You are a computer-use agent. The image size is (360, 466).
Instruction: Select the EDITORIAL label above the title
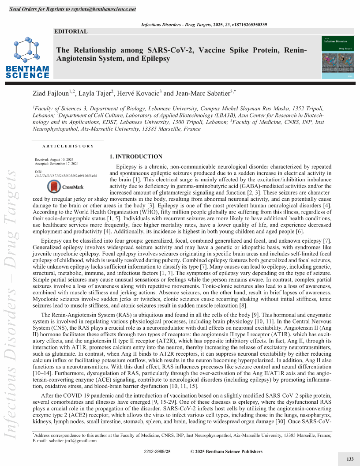click(x=71, y=31)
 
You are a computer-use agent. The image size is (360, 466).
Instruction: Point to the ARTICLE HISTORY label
click(x=68, y=146)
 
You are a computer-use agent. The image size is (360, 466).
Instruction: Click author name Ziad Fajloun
click(x=52, y=94)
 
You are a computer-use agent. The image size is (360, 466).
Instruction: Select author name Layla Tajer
click(x=98, y=94)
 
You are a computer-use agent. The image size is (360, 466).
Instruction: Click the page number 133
click(x=350, y=459)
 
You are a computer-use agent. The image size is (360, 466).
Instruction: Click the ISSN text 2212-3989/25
click(x=157, y=451)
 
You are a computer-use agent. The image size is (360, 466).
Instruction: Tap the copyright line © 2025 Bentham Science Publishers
click(x=226, y=451)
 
